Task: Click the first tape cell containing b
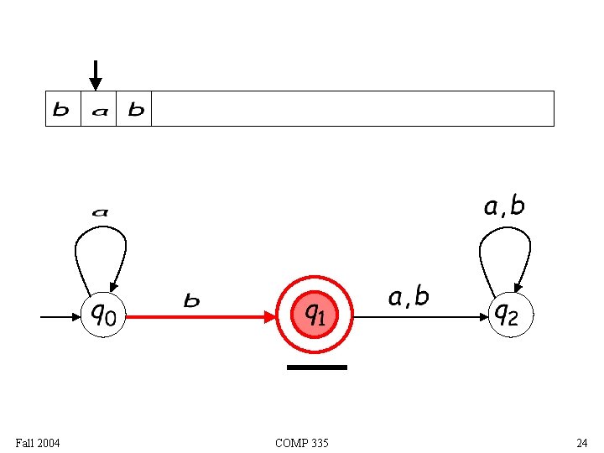[x=62, y=109]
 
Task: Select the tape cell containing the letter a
[x=99, y=109]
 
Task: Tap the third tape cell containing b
[x=134, y=109]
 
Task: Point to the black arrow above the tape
[x=96, y=75]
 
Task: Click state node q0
[x=104, y=315]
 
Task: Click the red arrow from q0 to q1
[x=201, y=317]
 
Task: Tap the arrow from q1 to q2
[x=419, y=317]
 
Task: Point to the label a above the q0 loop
[x=100, y=212]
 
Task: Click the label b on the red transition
[x=192, y=300]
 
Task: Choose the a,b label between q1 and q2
[x=409, y=296]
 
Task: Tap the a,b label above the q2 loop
[x=505, y=206]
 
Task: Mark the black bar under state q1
[x=316, y=367]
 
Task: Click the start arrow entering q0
[x=59, y=317]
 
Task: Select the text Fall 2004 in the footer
[x=38, y=442]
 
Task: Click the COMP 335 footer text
[x=302, y=442]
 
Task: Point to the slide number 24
[x=581, y=442]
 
